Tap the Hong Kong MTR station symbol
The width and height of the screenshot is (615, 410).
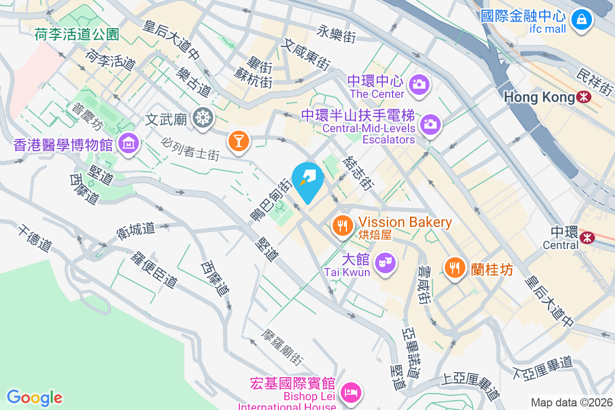[x=583, y=96]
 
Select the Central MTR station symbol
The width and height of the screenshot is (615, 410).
[x=587, y=237]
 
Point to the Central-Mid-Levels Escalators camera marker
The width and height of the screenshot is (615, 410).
[x=430, y=124]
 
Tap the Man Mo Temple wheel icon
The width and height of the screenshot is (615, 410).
[x=203, y=118]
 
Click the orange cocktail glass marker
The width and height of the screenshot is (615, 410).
[x=238, y=139]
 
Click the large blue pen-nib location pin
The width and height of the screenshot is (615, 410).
[x=307, y=180]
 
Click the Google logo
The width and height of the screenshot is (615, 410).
[x=34, y=397]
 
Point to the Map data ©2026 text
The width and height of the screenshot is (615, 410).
[x=571, y=402]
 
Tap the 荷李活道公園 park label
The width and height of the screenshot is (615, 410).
[x=77, y=34]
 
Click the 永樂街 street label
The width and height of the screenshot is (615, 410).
[x=336, y=34]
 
